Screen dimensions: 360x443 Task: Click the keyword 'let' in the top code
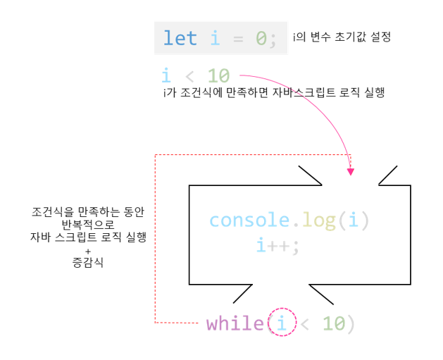[x=180, y=38]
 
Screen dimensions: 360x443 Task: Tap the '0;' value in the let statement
[x=267, y=38]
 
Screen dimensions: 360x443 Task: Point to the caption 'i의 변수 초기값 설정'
[x=342, y=37]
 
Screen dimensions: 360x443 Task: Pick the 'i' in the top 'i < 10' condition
[x=167, y=75]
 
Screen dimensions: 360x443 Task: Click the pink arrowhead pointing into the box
[x=351, y=170]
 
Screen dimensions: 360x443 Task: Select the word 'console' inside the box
[x=250, y=221]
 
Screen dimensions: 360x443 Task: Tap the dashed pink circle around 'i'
[x=282, y=323]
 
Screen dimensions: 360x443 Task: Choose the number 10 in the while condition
[x=335, y=323]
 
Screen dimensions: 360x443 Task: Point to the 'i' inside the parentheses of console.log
[x=354, y=221]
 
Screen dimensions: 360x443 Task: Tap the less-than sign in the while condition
[x=305, y=323]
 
